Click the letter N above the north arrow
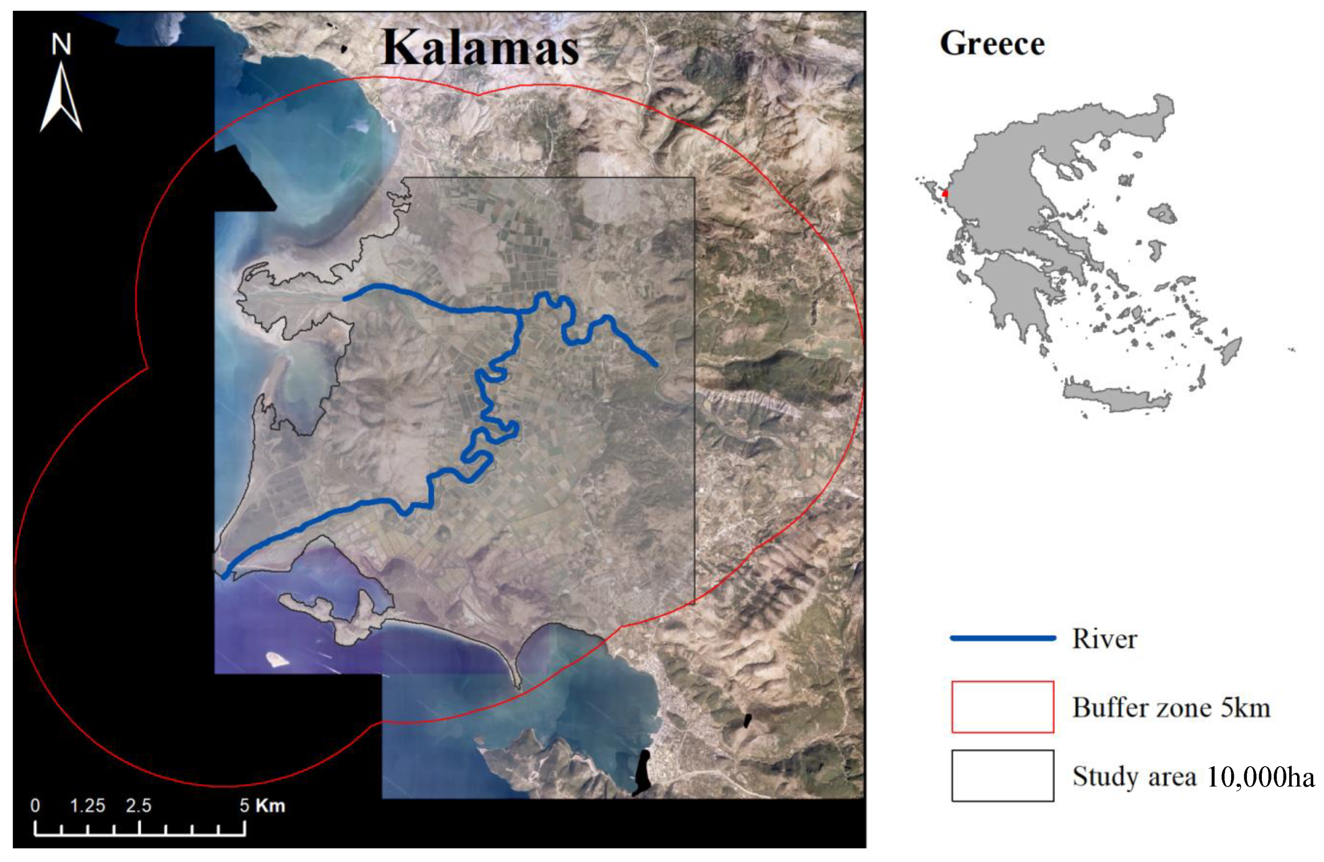62,45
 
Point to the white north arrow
61,100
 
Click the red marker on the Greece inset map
945,193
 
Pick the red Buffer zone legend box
1002,706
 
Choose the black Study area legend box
1002,775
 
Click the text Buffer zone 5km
1171,708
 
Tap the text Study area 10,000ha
1193,776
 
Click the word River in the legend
1104,639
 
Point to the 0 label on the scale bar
35,806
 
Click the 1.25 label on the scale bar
88,806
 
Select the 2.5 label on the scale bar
138,806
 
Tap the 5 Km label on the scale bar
262,806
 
